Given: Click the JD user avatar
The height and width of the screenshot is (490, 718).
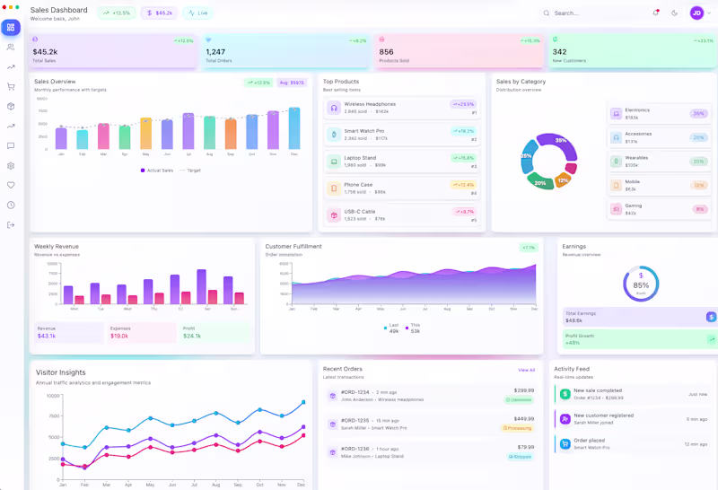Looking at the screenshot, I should (x=696, y=13).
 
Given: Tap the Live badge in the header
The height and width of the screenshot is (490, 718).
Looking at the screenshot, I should (x=198, y=13).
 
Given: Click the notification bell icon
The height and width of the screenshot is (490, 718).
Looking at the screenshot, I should (x=655, y=13).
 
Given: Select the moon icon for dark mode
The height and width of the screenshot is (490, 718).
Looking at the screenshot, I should (x=674, y=13).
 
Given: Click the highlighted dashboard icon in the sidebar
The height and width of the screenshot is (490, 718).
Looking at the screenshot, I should (x=11, y=27).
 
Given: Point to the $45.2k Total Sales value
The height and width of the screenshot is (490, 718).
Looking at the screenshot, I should (x=45, y=52).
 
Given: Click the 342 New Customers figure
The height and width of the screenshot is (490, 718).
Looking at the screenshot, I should (x=559, y=52).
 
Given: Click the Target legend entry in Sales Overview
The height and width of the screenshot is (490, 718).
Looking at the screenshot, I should (x=191, y=170).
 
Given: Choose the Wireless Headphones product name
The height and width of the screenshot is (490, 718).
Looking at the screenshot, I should (x=370, y=104).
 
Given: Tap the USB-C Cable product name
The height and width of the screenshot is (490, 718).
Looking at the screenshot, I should (x=360, y=212).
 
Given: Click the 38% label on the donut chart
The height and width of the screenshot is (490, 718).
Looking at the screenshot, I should (x=561, y=141).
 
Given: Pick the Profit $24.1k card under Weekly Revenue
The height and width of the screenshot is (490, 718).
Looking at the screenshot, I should (x=215, y=332).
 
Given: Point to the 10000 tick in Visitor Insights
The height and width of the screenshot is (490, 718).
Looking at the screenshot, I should (x=52, y=396).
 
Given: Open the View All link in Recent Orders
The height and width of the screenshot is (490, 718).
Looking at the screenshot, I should (x=526, y=370).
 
